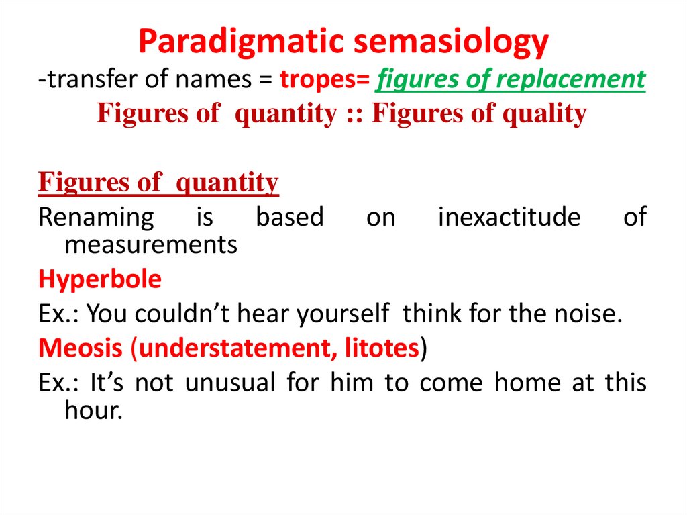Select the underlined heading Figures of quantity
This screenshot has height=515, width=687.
158,182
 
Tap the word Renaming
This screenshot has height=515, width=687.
96,218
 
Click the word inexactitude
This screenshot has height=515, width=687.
509,218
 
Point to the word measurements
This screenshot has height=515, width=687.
151,245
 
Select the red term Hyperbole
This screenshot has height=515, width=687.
100,279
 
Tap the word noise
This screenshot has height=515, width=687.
586,313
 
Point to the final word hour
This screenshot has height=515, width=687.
93,411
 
